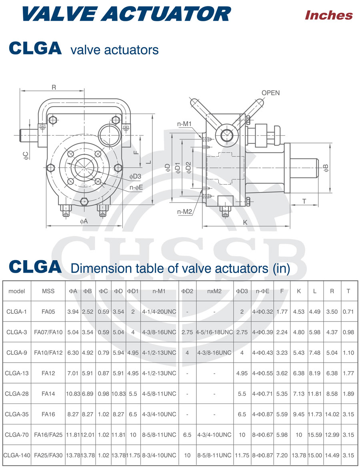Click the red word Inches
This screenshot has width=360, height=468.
coord(329,15)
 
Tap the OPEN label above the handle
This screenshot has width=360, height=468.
coord(270,93)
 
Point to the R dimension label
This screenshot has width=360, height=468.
coord(54,87)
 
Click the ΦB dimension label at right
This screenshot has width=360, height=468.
coord(326,168)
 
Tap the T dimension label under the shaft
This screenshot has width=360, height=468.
coord(304,201)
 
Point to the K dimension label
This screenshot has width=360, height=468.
coord(245,223)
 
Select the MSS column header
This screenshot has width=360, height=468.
coord(48,291)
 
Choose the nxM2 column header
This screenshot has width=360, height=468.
coord(214,291)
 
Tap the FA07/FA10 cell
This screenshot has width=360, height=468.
coord(48,332)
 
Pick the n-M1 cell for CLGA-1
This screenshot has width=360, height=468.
coord(159,311)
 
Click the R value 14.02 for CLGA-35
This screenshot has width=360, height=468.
coord(332,414)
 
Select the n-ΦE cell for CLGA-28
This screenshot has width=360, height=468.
coord(263,394)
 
